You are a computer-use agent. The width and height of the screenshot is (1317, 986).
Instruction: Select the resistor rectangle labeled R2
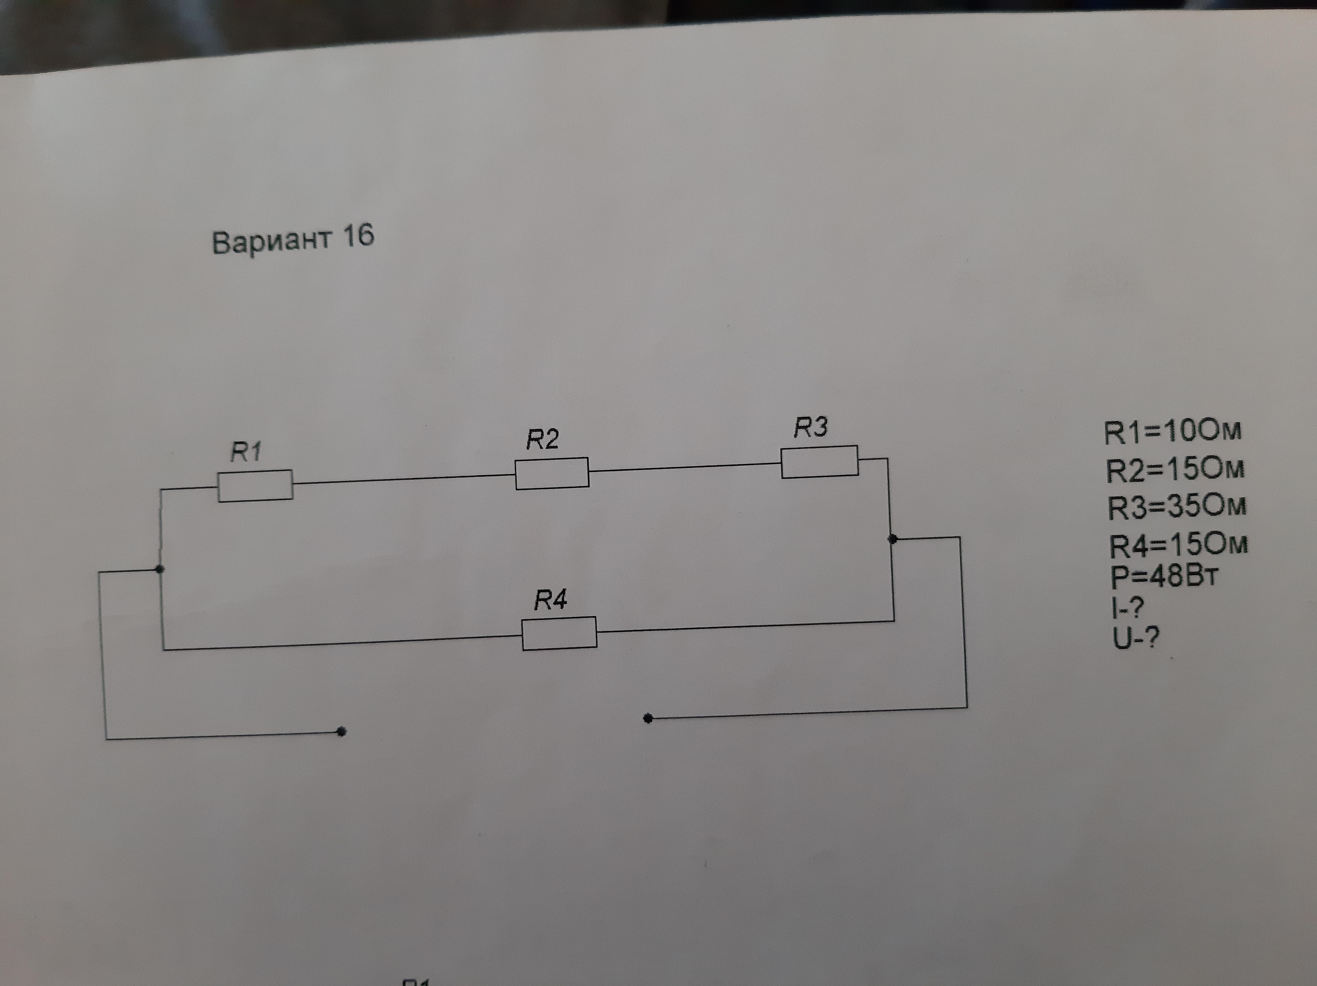coord(552,473)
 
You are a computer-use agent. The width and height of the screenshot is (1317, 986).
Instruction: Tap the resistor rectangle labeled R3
coord(819,461)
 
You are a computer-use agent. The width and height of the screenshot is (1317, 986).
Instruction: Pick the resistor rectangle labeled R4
coord(559,633)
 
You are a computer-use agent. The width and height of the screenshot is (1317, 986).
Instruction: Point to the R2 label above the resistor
coord(542,439)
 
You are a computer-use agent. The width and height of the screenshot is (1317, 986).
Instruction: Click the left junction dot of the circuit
coord(160,569)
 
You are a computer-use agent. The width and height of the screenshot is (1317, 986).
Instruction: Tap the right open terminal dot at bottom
coord(648,719)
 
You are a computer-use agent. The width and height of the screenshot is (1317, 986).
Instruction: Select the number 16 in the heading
coord(358,236)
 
